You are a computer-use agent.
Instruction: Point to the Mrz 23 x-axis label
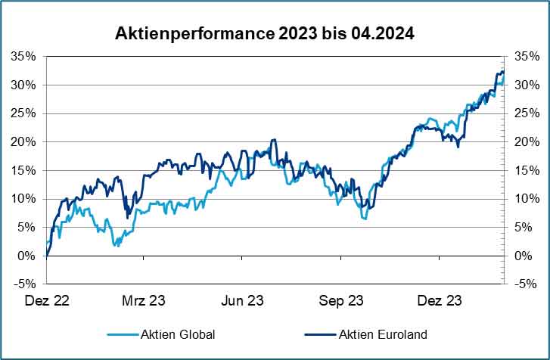(144, 301)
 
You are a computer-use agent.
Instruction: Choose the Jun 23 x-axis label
(241, 301)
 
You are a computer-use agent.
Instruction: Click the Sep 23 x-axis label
(341, 301)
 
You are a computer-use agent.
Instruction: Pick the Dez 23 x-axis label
(440, 301)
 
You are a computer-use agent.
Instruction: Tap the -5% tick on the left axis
(26, 284)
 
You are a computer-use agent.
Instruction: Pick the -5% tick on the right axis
(524, 284)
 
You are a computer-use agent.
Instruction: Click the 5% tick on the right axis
(522, 227)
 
